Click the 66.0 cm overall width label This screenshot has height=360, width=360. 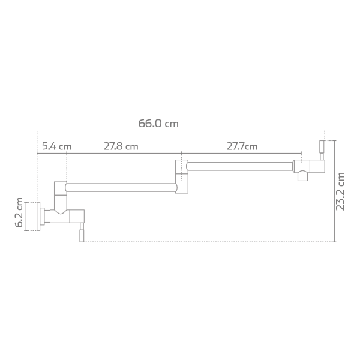(x=158, y=124)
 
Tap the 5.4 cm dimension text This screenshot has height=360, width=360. (x=56, y=146)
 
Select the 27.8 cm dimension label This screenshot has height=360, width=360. (x=121, y=146)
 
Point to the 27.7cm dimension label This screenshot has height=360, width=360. (x=242, y=146)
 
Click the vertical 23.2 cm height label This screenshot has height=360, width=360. (x=341, y=191)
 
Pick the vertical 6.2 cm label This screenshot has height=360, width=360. (x=19, y=214)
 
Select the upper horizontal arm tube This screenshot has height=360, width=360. (x=240, y=164)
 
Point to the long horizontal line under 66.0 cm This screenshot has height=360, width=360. (x=180, y=131)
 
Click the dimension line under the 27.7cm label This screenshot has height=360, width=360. (x=240, y=153)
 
